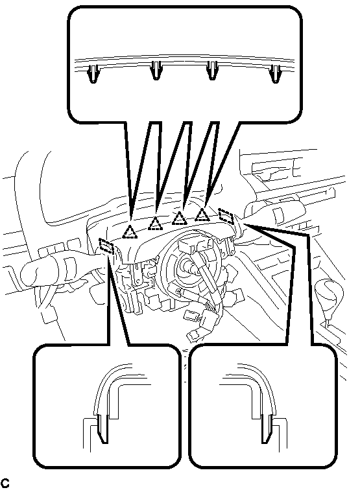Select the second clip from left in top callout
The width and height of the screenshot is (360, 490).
(x=156, y=70)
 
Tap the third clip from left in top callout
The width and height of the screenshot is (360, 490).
(x=212, y=70)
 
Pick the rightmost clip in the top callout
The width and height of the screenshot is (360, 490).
(x=275, y=73)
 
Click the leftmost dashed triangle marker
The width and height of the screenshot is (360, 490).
(x=130, y=232)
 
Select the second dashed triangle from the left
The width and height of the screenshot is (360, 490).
(x=155, y=224)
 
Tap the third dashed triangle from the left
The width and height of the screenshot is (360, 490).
(x=180, y=218)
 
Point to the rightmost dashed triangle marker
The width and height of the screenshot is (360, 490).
(x=202, y=215)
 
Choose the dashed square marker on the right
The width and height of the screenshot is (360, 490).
(x=226, y=216)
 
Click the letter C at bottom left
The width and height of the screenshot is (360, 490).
(x=5, y=483)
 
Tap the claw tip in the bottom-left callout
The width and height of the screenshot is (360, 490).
(x=105, y=442)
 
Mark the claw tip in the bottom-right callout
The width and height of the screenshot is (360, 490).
(x=264, y=442)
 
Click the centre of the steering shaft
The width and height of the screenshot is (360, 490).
(x=188, y=268)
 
